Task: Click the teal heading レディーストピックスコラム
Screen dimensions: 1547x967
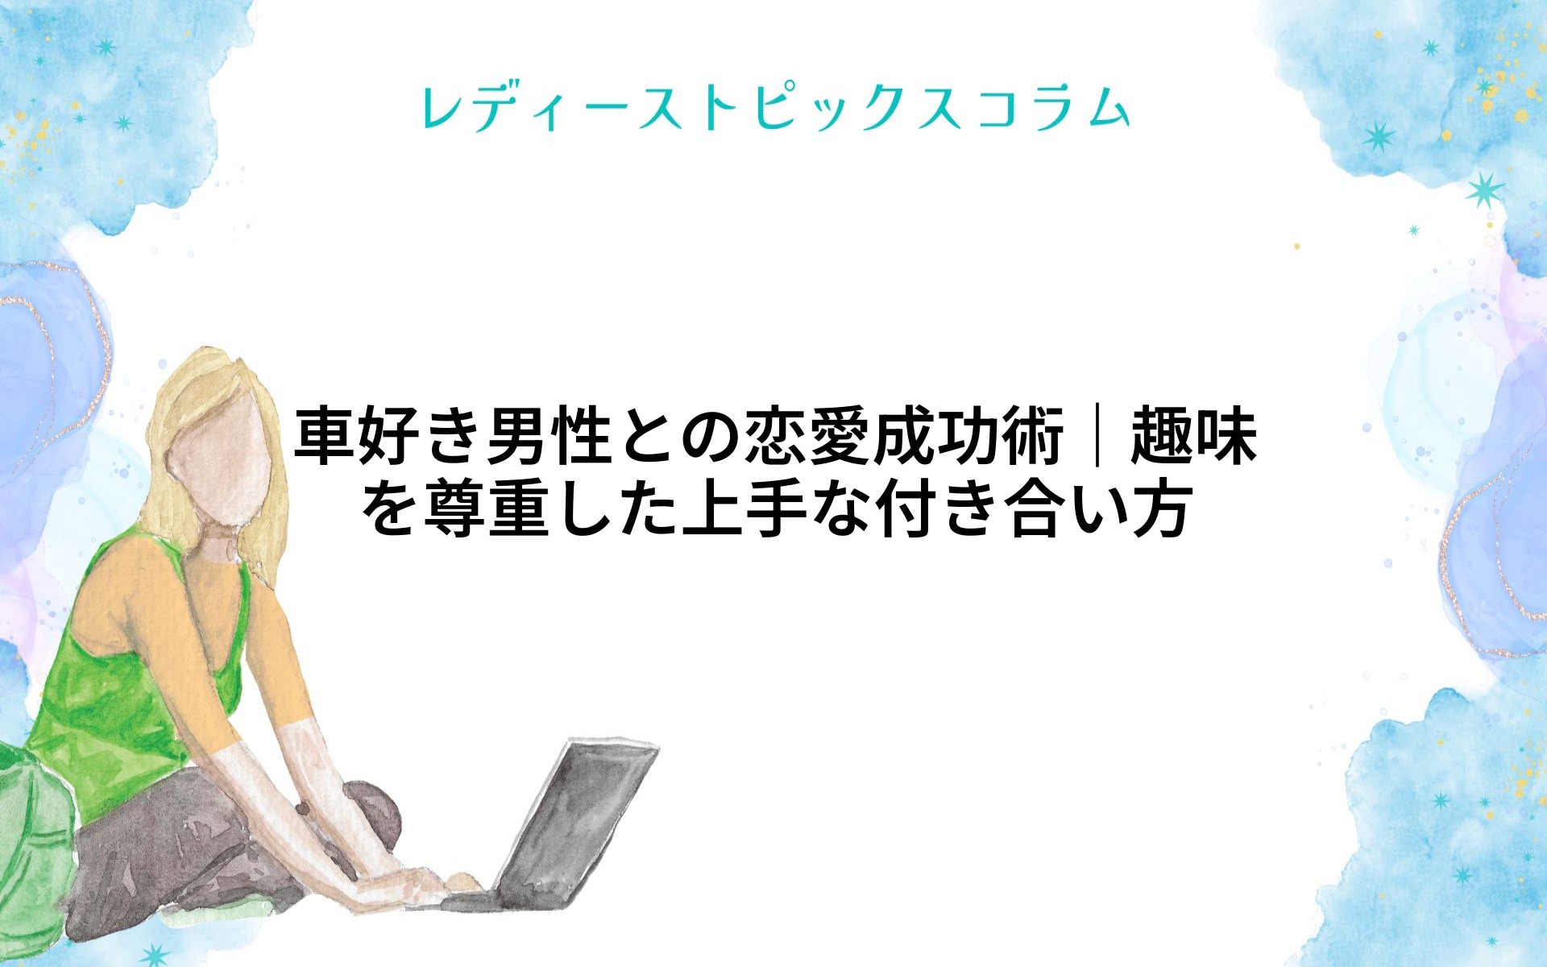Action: tap(775, 108)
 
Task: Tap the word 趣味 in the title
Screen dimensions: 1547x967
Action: tap(1193, 436)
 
